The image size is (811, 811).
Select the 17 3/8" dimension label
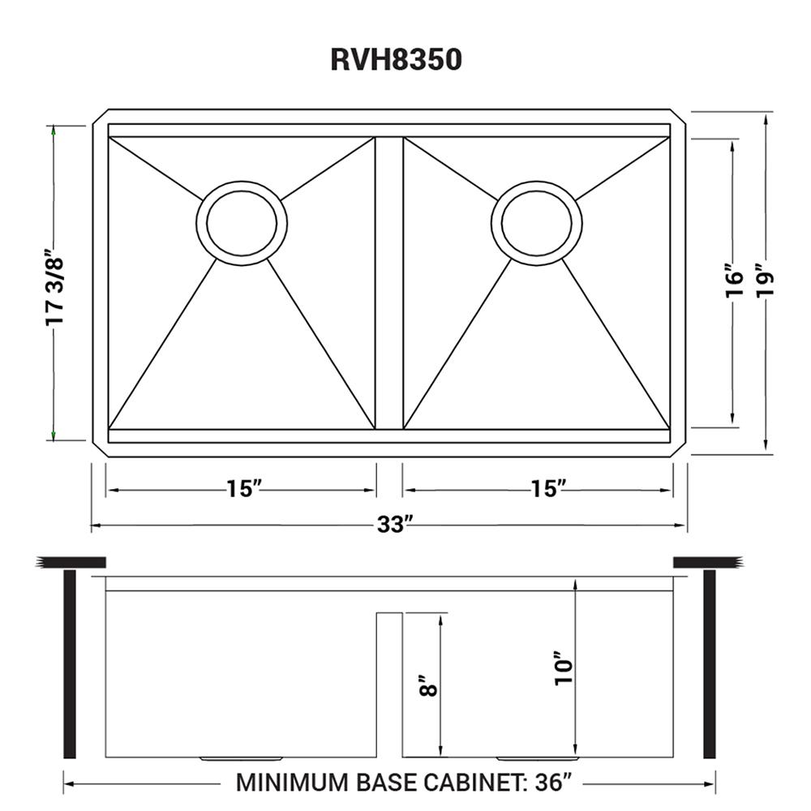pos(54,288)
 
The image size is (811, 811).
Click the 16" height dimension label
pos(734,281)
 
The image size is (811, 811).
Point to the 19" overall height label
pos(765,281)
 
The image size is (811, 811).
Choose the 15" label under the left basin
pos(243,489)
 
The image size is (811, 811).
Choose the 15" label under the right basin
pos(545,489)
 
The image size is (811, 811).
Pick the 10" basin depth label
pos(564,667)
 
